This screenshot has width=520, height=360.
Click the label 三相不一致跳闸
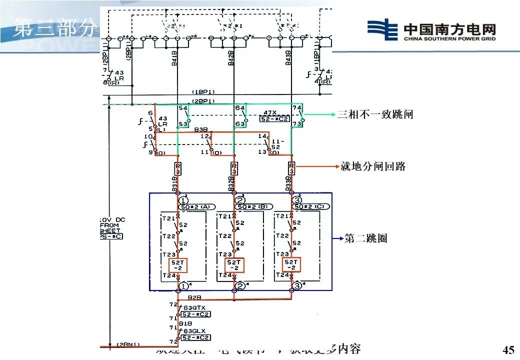click(x=375, y=114)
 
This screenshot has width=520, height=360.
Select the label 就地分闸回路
click(x=372, y=166)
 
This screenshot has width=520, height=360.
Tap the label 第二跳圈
click(x=366, y=238)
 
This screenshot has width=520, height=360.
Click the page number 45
click(x=508, y=349)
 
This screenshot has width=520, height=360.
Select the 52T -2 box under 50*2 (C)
click(x=291, y=265)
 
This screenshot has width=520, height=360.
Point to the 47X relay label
click(x=270, y=113)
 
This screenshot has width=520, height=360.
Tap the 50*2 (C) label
click(x=312, y=206)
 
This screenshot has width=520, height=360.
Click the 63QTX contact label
click(x=194, y=307)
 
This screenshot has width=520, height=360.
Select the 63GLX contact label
click(x=194, y=331)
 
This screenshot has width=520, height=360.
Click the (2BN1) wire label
click(x=128, y=344)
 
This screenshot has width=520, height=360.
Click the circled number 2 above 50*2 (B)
click(x=240, y=200)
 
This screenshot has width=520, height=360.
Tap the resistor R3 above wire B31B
click(x=177, y=167)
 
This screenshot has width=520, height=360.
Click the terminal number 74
click(x=296, y=108)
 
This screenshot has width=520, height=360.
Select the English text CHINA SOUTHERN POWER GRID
click(x=449, y=38)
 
